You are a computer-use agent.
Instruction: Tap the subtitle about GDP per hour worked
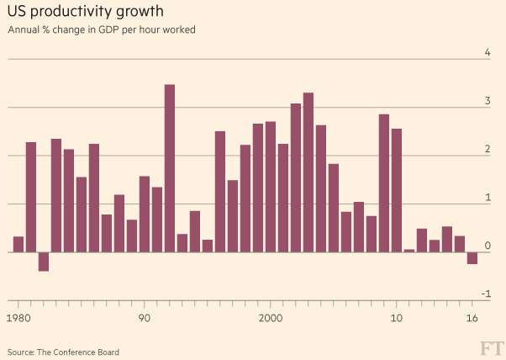pyautogui.click(x=101, y=31)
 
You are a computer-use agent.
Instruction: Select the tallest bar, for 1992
pyautogui.click(x=169, y=168)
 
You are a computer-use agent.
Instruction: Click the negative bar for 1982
pyautogui.click(x=44, y=262)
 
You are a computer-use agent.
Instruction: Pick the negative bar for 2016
pyautogui.click(x=472, y=258)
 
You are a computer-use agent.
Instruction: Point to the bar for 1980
pyautogui.click(x=18, y=245)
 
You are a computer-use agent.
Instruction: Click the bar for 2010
pyautogui.click(x=397, y=190)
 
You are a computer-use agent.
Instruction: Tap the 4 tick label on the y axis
pyautogui.click(x=487, y=53)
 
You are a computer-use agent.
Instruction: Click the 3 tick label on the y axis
pyautogui.click(x=487, y=101)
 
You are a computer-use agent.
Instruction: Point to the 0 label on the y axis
pyautogui.click(x=487, y=246)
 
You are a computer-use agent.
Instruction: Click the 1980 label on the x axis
pyautogui.click(x=18, y=318)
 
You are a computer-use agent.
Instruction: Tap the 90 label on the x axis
pyautogui.click(x=144, y=318)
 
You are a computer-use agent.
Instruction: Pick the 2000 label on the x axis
pyautogui.click(x=270, y=318)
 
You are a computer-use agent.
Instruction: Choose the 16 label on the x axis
pyautogui.click(x=472, y=318)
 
